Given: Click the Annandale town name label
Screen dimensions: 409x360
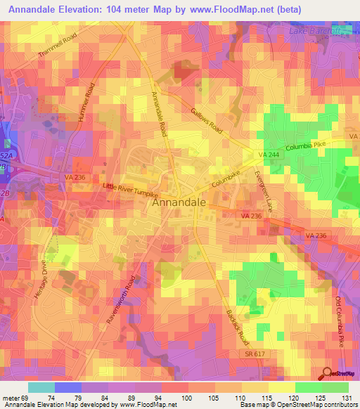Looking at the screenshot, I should pos(179,202).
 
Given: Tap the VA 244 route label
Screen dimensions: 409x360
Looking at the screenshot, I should pos(269,154).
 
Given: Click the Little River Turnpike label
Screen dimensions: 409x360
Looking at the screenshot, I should pos(131,189).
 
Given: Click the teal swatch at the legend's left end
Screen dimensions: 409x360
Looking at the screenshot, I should pos(41,387).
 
